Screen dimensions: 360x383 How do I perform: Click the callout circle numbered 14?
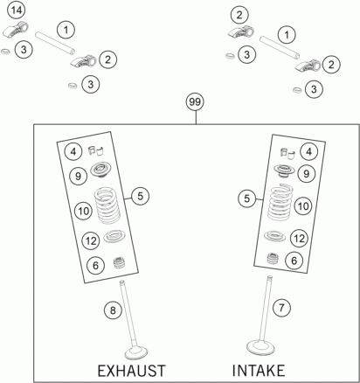pyautogui.click(x=17, y=10)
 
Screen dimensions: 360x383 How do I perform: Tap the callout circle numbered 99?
pyautogui.click(x=195, y=102)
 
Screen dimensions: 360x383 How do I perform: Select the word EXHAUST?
pyautogui.click(x=131, y=371)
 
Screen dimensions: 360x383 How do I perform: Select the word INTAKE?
pyautogui.click(x=259, y=371)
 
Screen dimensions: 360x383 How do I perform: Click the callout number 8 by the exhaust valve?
pyautogui.click(x=113, y=310)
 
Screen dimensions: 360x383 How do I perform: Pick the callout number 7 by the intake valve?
pyautogui.click(x=281, y=308)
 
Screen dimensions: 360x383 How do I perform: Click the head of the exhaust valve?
pyautogui.click(x=136, y=352)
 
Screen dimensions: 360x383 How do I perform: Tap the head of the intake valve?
pyautogui.click(x=260, y=347)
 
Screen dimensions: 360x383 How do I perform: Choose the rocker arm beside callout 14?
pyautogui.click(x=17, y=30)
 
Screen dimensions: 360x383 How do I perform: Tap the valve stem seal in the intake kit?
pyautogui.click(x=273, y=258)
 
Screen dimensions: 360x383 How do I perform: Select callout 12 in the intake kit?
pyautogui.click(x=299, y=239)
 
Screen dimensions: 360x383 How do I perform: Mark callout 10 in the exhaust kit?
pyautogui.click(x=83, y=211)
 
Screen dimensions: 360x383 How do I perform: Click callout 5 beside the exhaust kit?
pyautogui.click(x=140, y=196)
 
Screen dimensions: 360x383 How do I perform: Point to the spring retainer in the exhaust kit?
pyautogui.click(x=101, y=170)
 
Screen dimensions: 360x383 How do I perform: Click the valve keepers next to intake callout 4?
pyautogui.click(x=287, y=154)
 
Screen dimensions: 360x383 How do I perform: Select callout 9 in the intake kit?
pyautogui.click(x=307, y=174)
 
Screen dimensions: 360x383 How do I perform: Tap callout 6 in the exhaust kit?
pyautogui.click(x=96, y=265)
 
